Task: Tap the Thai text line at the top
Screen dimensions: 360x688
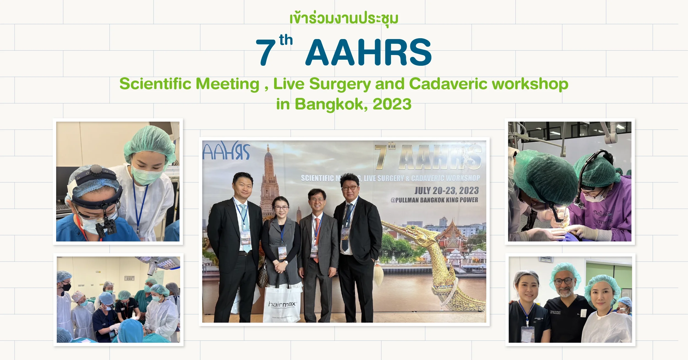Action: click(x=344, y=19)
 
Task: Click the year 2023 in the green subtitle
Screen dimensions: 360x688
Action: click(x=392, y=104)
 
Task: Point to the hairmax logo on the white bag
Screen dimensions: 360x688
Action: click(x=282, y=304)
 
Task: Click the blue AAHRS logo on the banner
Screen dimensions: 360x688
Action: click(x=226, y=151)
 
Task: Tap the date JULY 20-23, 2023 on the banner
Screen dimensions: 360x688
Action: click(x=446, y=190)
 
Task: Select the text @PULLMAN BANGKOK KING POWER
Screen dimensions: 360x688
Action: click(x=434, y=200)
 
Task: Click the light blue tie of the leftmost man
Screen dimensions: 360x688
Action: click(x=245, y=226)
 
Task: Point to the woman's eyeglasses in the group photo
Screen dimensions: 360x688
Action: click(x=281, y=208)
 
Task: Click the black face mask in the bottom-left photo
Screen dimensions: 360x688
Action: click(x=66, y=287)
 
